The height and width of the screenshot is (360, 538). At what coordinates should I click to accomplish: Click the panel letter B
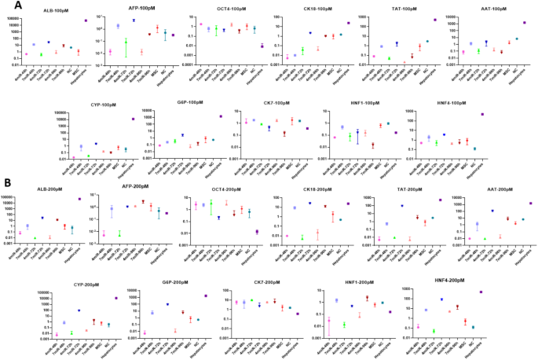coord(6,183)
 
